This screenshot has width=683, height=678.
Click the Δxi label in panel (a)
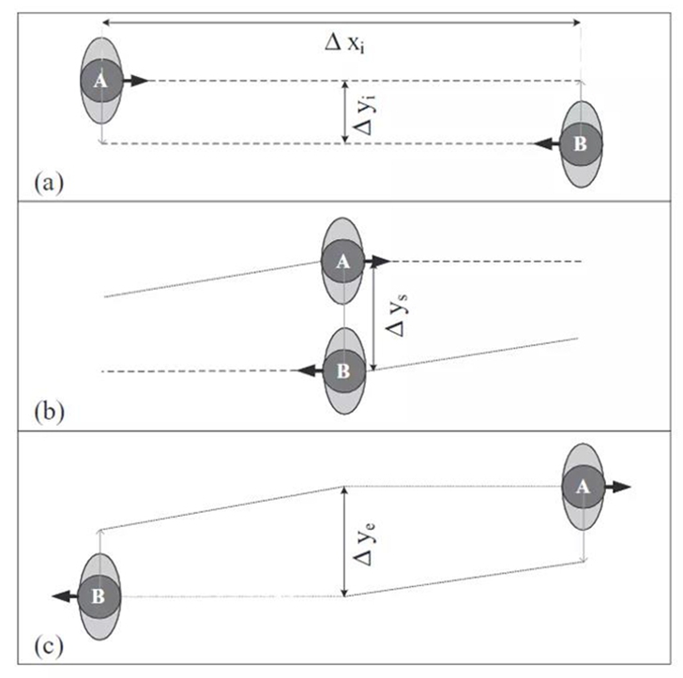[x=344, y=43]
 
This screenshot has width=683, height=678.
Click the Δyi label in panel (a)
[x=364, y=116]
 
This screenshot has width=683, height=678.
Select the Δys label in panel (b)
[x=396, y=315]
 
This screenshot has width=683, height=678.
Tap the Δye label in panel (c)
[x=365, y=544]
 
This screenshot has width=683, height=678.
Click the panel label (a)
[x=49, y=183]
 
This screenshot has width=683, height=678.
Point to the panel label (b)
[x=49, y=411]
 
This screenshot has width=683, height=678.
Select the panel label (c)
[x=49, y=646]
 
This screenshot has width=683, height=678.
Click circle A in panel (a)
[x=101, y=81]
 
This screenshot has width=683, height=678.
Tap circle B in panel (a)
[x=581, y=144]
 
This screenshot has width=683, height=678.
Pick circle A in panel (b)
[x=342, y=262]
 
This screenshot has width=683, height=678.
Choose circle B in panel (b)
[x=344, y=371]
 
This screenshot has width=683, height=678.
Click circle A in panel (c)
[x=583, y=487]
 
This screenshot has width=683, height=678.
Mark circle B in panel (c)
[x=99, y=597]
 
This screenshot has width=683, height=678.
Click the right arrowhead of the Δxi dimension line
[x=577, y=23]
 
